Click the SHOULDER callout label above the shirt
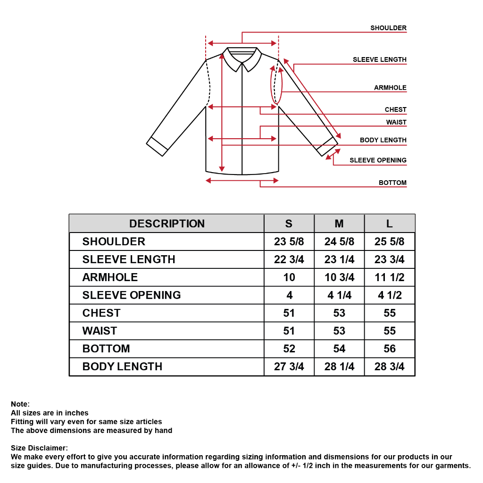pyautogui.click(x=388, y=28)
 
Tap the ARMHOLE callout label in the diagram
pyautogui.click(x=390, y=88)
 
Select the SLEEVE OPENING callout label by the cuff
pyautogui.click(x=378, y=160)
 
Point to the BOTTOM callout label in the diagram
pyautogui.click(x=392, y=183)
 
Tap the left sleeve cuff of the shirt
pyautogui.click(x=157, y=147)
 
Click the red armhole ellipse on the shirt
pyautogui.click(x=276, y=85)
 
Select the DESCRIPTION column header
pyautogui.click(x=167, y=224)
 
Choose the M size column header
pyautogui.click(x=339, y=224)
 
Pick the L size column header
pyautogui.click(x=390, y=224)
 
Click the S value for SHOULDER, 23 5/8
pyautogui.click(x=289, y=242)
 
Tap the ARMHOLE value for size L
pyautogui.click(x=390, y=277)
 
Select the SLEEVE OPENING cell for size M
pyautogui.click(x=339, y=295)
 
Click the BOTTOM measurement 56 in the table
pyautogui.click(x=390, y=349)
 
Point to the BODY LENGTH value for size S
pyautogui.click(x=289, y=367)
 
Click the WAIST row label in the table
pyautogui.click(x=100, y=331)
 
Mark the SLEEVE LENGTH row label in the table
pyautogui.click(x=129, y=259)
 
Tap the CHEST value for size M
pyautogui.click(x=339, y=313)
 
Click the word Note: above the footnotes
pyautogui.click(x=20, y=404)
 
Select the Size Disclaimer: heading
pyautogui.click(x=40, y=448)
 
